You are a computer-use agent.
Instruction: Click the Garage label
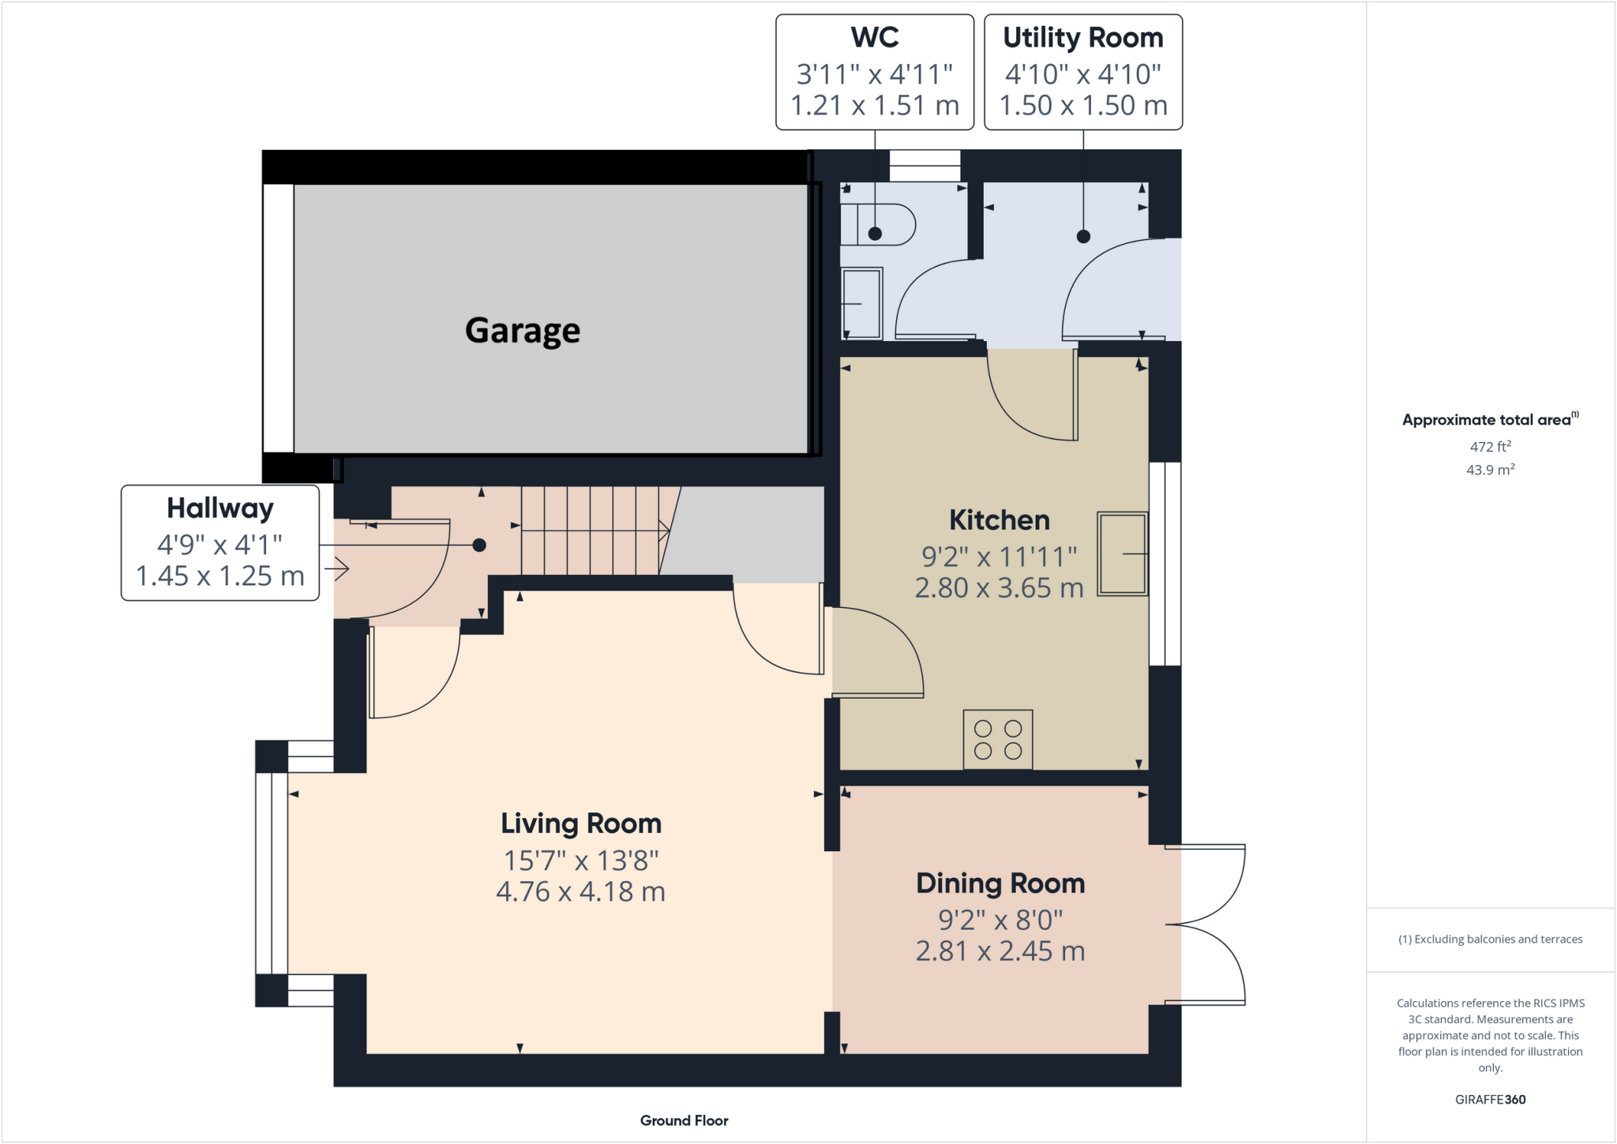coord(522,330)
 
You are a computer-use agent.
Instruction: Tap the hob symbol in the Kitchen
coord(997,740)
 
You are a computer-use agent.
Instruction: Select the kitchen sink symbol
coord(1122,553)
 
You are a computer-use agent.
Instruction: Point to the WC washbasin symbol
coord(861,302)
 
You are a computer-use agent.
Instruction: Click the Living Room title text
coord(580,823)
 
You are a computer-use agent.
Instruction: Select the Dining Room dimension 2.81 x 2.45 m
coord(1000,951)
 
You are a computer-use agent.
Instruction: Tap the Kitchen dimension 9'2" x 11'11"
coord(999,557)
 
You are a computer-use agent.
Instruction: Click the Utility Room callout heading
coord(1082,38)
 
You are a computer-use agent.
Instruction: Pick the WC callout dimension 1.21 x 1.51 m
coord(874,105)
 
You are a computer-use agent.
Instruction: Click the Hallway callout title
coord(219,508)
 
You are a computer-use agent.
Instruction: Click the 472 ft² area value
coord(1490,447)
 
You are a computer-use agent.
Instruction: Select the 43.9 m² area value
coord(1490,470)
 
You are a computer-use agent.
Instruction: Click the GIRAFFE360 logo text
coord(1490,1100)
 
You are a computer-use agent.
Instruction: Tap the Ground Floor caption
coord(684,1120)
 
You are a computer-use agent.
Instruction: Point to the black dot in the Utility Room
coord(1083,236)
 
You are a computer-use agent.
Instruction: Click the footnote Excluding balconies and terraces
coord(1490,940)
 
